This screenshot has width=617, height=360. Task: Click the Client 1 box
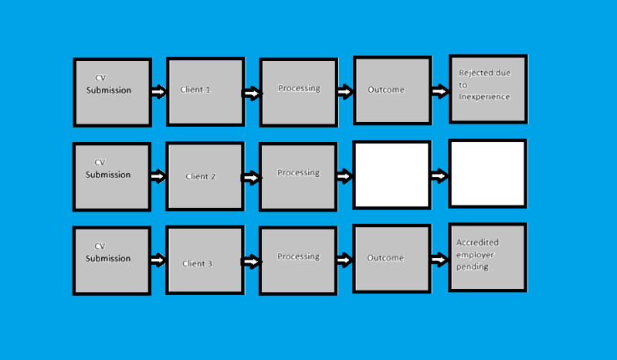(x=206, y=92)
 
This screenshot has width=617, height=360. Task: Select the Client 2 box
(x=205, y=176)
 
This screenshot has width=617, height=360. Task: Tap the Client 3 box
(x=205, y=260)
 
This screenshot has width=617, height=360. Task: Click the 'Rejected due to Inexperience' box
(x=488, y=90)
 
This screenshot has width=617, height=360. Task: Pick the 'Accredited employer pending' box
(x=488, y=258)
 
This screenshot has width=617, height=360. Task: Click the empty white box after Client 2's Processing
(x=392, y=175)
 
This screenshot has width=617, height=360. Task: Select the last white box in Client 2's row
(x=488, y=174)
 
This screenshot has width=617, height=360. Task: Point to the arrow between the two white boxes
(x=439, y=175)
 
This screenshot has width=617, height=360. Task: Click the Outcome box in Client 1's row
(x=393, y=90)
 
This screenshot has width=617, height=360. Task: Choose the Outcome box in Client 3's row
(x=392, y=259)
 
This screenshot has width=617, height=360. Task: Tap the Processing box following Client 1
(x=299, y=93)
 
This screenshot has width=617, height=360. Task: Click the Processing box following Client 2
(x=298, y=177)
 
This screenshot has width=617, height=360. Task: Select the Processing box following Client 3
(x=298, y=261)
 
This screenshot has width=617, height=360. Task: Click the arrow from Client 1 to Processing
(x=252, y=93)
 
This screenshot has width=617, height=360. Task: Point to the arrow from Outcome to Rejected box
(x=440, y=91)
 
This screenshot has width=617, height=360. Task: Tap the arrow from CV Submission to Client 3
(x=158, y=260)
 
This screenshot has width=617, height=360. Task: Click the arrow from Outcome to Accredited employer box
(x=439, y=260)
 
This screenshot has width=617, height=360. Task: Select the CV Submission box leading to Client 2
(x=112, y=177)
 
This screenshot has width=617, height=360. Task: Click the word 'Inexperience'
(x=484, y=97)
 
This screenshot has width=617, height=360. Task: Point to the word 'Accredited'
(x=477, y=243)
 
